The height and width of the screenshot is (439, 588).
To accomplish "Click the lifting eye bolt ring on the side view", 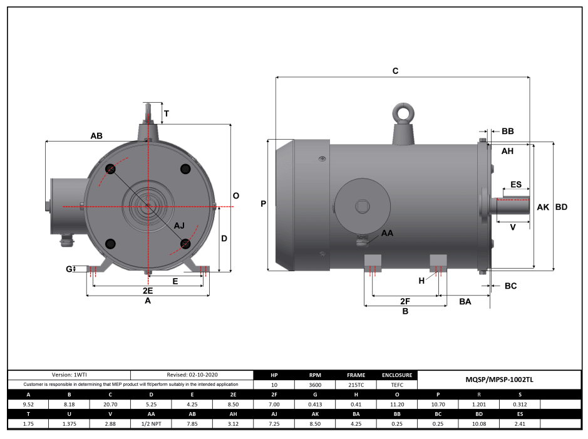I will (x=401, y=113).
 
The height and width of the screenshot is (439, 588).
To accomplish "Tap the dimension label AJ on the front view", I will (x=179, y=225).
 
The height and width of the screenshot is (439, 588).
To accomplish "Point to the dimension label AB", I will (x=96, y=135).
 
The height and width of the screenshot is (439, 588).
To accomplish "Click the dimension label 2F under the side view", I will (x=405, y=301).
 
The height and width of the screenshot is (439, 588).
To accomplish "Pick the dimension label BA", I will (x=465, y=301).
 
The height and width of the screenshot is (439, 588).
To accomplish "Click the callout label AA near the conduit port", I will (x=388, y=233).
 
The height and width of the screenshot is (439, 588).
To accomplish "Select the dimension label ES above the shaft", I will (x=516, y=185).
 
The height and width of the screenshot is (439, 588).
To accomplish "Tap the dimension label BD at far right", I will (x=561, y=207).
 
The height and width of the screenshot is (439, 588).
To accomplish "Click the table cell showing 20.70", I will (x=110, y=405).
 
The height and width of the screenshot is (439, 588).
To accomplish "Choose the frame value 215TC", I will (x=355, y=385).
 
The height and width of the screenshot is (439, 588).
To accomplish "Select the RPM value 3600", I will (x=316, y=385).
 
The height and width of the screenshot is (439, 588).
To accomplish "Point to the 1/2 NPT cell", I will (x=150, y=424).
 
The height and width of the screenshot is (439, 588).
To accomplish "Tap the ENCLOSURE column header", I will (x=396, y=375).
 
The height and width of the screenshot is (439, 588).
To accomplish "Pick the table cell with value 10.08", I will (x=478, y=424).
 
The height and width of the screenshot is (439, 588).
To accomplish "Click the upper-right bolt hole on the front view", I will (x=185, y=168).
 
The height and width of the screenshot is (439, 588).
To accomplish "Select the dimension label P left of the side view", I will (x=263, y=204).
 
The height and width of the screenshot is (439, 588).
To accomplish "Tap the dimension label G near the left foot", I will (x=69, y=269).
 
